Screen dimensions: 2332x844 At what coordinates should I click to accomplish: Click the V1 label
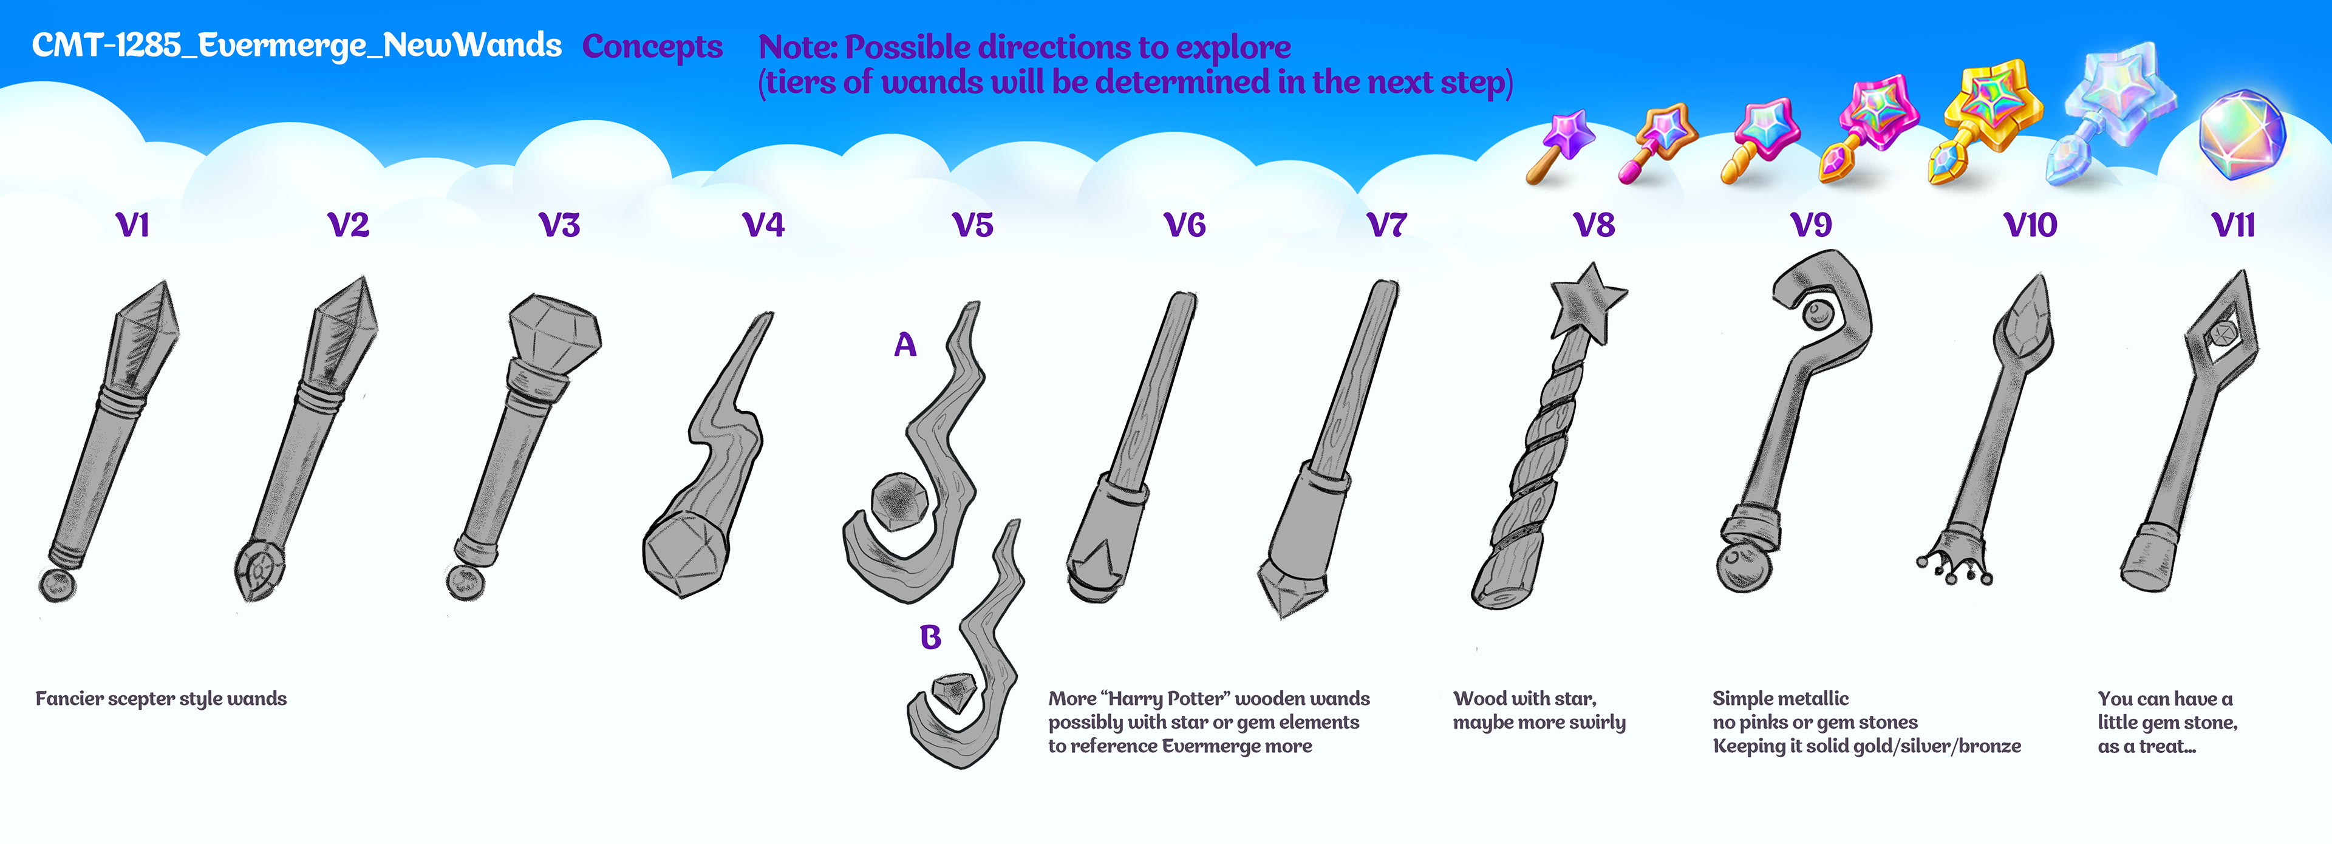132,225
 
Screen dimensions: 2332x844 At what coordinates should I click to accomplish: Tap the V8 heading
1594,225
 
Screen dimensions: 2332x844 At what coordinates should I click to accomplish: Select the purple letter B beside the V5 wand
930,636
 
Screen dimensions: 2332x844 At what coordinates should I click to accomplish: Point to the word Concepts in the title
652,46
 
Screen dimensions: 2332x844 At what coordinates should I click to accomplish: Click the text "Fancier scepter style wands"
161,698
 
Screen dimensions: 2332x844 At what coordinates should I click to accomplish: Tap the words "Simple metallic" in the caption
1780,698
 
